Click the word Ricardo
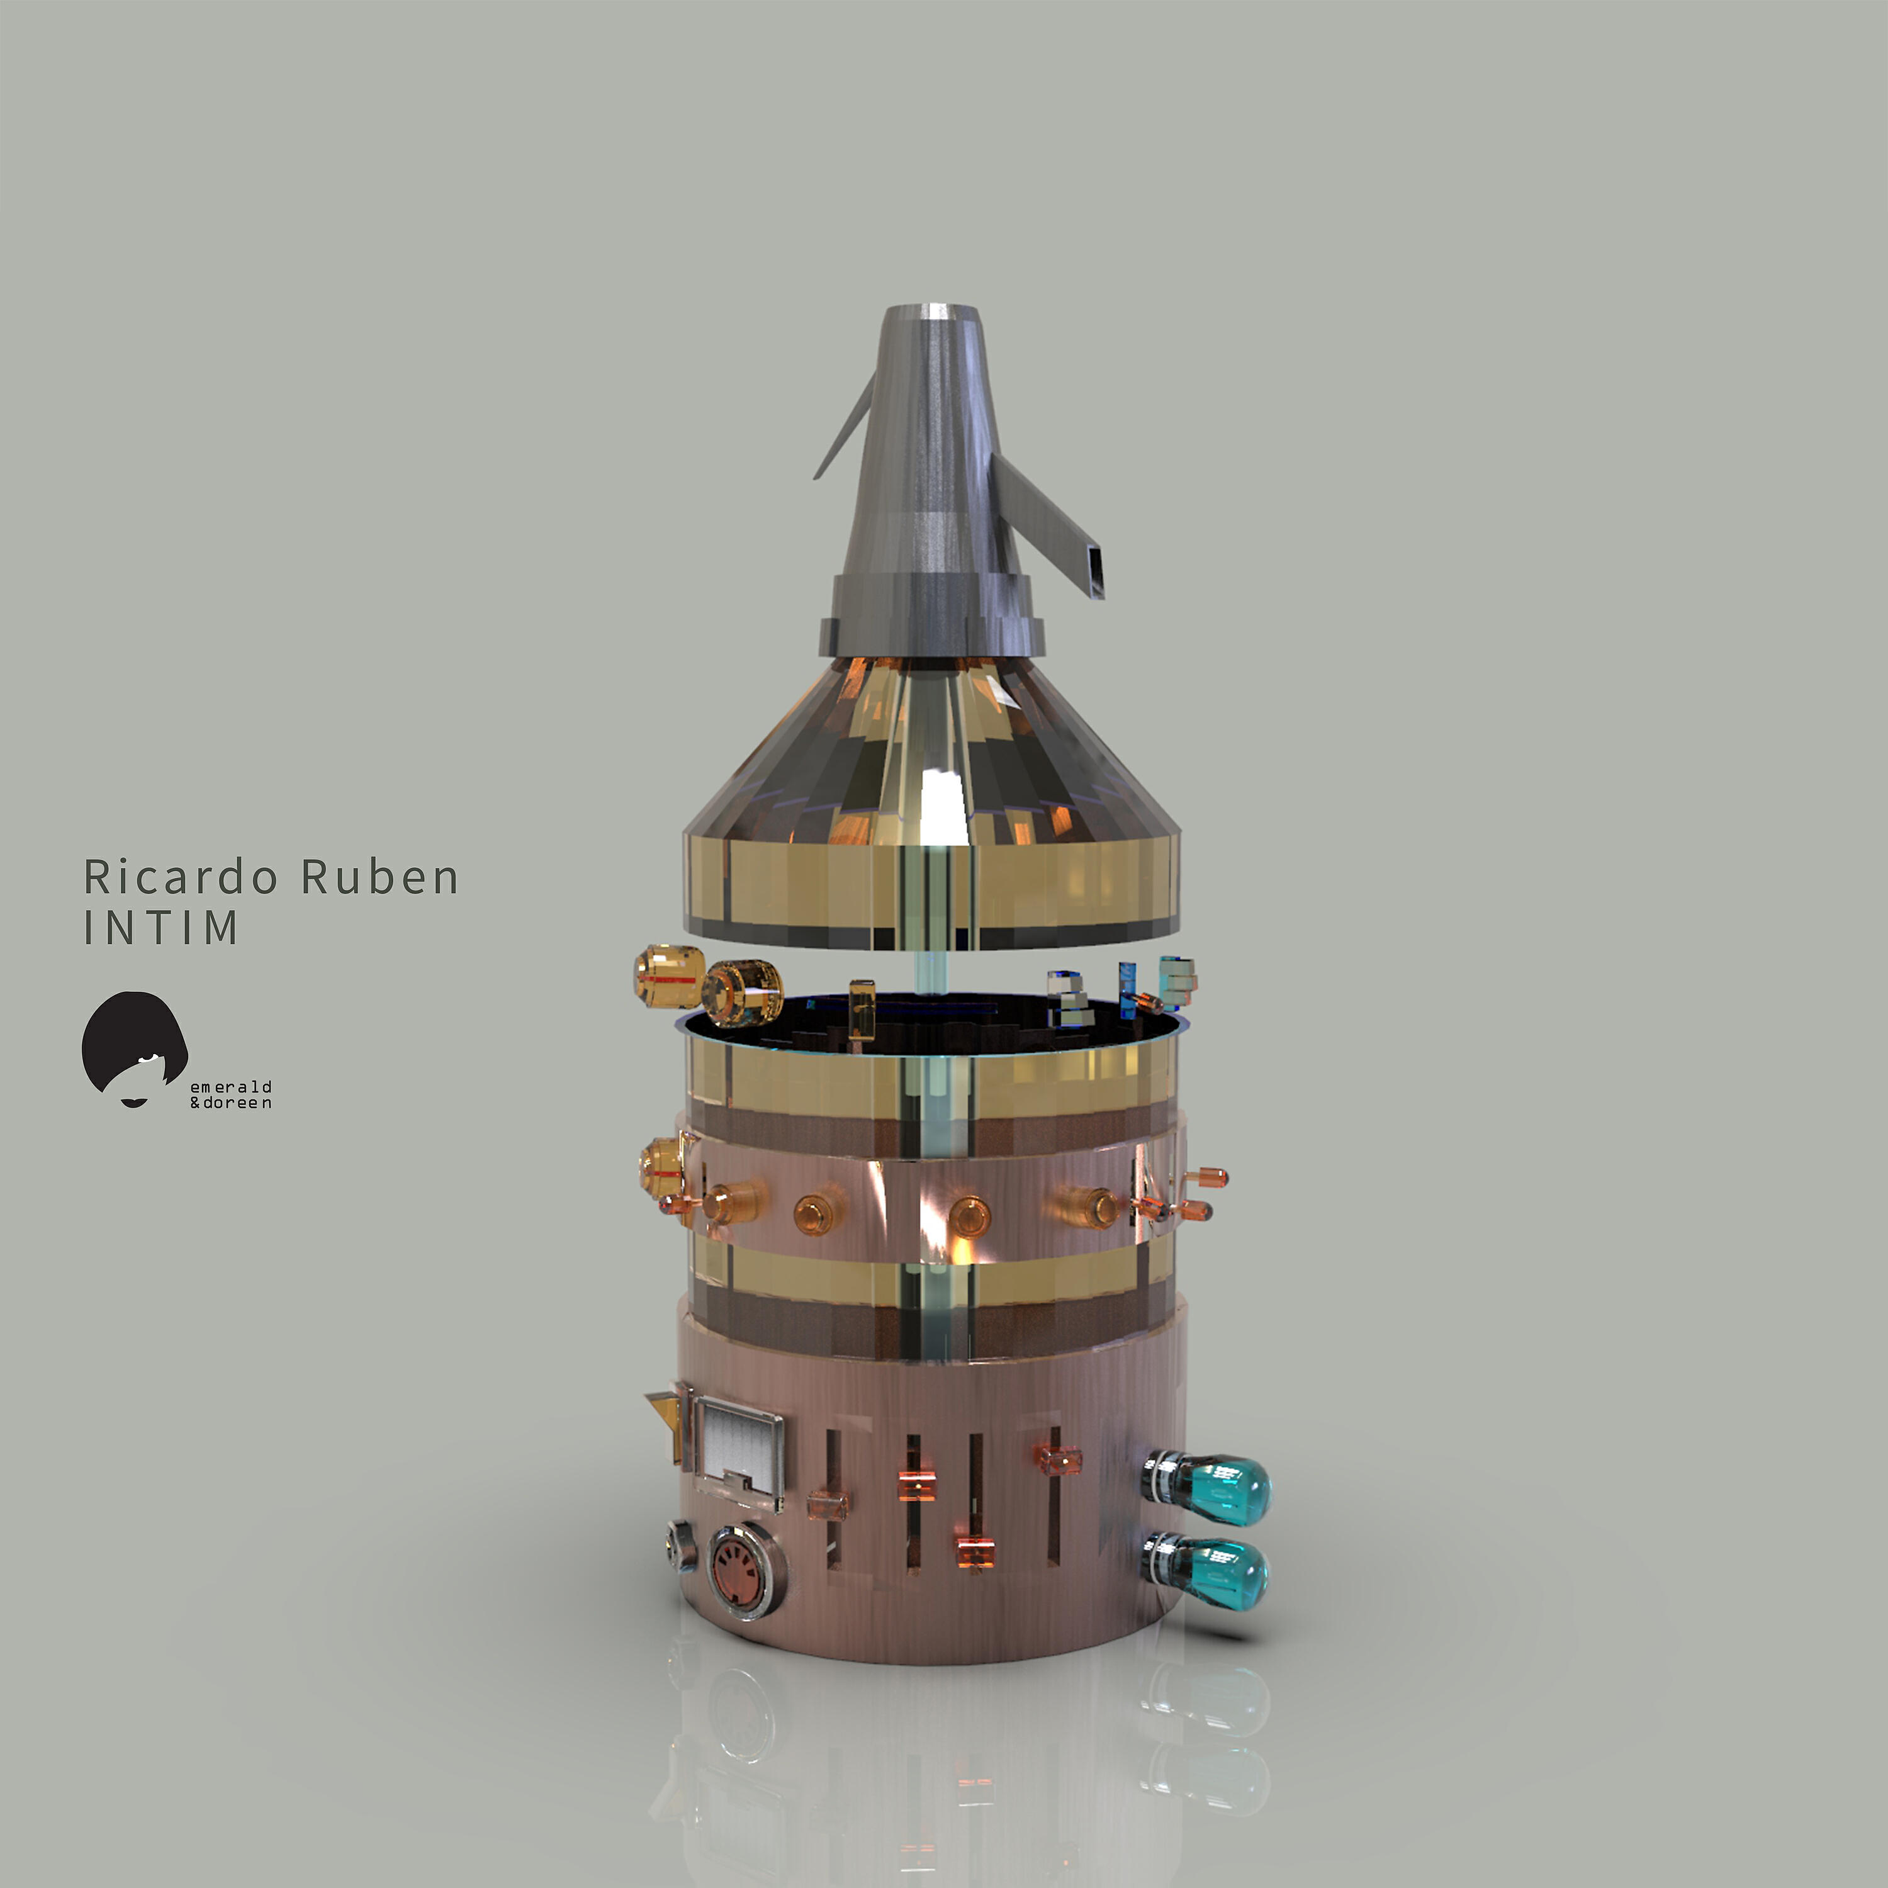point(181,877)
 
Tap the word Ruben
point(379,877)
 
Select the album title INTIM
point(161,928)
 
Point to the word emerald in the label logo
point(230,1087)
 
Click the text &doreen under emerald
point(230,1103)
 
